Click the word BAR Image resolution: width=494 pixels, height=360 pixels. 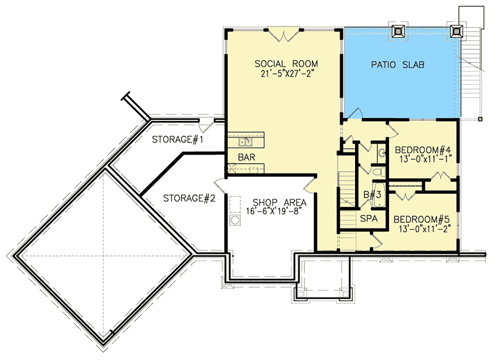pyautogui.click(x=246, y=157)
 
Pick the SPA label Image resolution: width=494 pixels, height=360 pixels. pyautogui.click(x=369, y=218)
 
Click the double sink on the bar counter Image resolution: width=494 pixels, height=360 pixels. pyautogui.click(x=246, y=140)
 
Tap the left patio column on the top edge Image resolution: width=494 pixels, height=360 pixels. pyautogui.click(x=396, y=31)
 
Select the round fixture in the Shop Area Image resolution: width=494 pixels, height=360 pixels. pyautogui.click(x=235, y=220)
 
